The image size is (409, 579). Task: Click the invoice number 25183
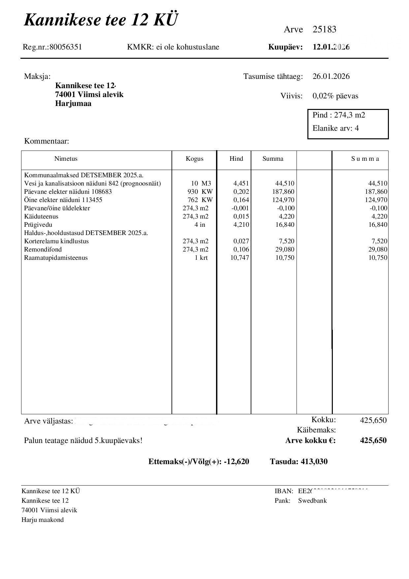pos(324,30)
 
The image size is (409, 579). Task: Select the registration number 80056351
pos(66,47)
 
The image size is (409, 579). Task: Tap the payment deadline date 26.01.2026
pos(331,77)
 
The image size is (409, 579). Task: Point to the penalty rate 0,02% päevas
pos(335,96)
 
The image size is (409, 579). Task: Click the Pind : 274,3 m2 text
pos(339,115)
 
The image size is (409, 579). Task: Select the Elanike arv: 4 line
pos(335,128)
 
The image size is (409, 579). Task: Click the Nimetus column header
pos(66,159)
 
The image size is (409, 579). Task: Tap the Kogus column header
pos(194,159)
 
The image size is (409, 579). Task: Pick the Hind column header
pos(236,159)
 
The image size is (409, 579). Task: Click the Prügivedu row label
pos(38,225)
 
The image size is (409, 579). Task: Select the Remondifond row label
pos(43,250)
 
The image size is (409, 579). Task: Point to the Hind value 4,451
pos(241,184)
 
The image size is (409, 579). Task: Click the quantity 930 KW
pos(200,192)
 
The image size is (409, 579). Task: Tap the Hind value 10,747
pos(239,258)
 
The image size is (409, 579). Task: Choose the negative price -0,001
pos(240,208)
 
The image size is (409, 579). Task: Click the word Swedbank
pos(312,501)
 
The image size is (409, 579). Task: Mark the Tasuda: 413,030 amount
pos(299,461)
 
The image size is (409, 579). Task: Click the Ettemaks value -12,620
pos(236,461)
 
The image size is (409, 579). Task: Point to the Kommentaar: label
pos(47,142)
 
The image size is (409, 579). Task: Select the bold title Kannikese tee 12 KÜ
pos(101,20)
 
